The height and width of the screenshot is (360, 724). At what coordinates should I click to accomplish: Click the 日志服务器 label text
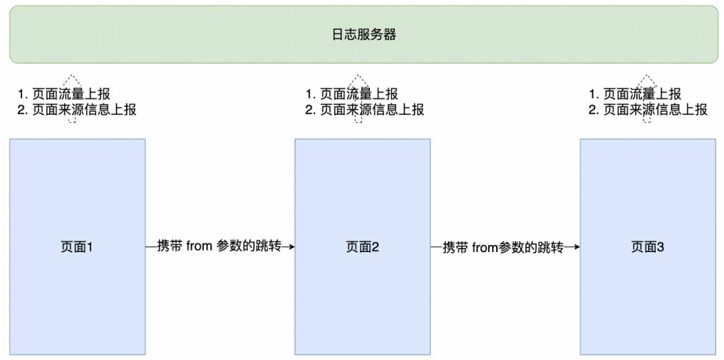[364, 35]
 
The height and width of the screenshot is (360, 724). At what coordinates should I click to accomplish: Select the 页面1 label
[77, 247]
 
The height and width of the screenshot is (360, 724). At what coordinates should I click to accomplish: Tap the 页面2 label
[363, 247]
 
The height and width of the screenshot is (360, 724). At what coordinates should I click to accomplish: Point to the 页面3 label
[648, 247]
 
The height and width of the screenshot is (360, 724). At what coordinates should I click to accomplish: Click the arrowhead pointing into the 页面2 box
[292, 247]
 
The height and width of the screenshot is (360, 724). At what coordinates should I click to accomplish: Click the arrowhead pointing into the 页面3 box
[577, 247]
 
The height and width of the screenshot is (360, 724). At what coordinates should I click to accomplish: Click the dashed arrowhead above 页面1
[71, 80]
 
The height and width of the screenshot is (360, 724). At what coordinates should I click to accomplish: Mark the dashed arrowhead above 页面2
[357, 80]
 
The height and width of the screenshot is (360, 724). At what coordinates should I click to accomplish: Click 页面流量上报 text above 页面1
[72, 94]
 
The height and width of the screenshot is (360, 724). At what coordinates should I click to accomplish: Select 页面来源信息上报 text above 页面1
[84, 110]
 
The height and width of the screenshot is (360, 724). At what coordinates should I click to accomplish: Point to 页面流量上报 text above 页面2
[359, 94]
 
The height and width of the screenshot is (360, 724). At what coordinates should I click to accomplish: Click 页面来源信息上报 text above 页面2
[372, 110]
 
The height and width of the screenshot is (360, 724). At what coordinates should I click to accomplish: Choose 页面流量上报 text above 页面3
[642, 94]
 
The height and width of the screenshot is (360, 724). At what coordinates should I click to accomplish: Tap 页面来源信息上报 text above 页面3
[655, 110]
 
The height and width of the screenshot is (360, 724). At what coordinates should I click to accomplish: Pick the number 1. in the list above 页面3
[594, 94]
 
